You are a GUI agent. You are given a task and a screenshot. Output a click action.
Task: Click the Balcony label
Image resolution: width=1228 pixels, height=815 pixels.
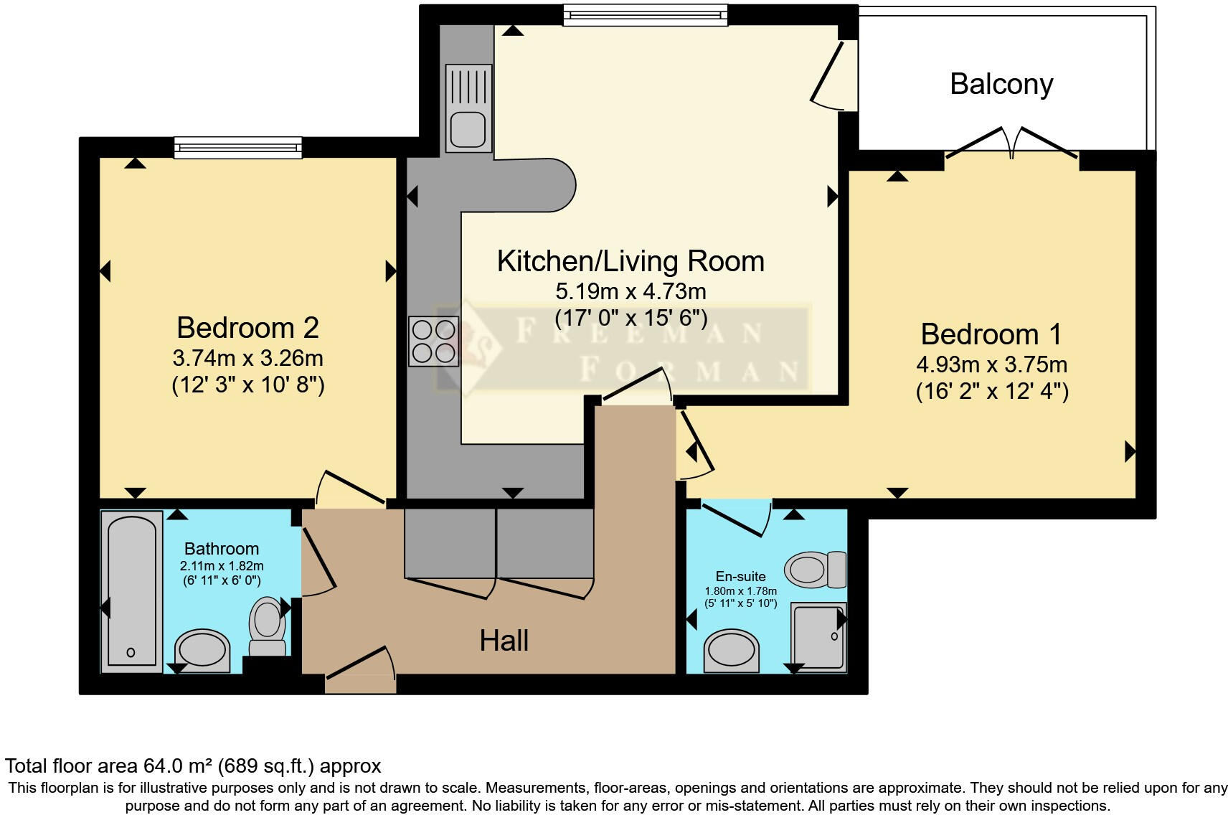point(1001,84)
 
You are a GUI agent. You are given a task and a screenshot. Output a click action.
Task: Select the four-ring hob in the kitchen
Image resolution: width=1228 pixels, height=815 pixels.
point(433,341)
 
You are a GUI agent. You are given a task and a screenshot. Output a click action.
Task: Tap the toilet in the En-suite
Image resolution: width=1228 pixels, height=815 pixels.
point(816,570)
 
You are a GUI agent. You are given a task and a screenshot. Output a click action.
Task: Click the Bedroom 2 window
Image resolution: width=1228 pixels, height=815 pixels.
point(238,148)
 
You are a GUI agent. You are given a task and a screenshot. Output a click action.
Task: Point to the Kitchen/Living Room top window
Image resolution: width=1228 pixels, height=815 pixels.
point(645,14)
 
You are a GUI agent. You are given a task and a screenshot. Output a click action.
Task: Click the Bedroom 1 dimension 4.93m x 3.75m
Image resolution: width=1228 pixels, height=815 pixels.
point(991,364)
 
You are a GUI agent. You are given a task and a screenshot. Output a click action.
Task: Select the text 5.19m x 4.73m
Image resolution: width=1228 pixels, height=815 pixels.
point(630,291)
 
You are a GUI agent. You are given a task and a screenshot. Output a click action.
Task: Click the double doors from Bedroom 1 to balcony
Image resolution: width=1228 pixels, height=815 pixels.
point(1011,143)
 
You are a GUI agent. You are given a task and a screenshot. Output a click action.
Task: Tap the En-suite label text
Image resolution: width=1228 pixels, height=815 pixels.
point(740,576)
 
